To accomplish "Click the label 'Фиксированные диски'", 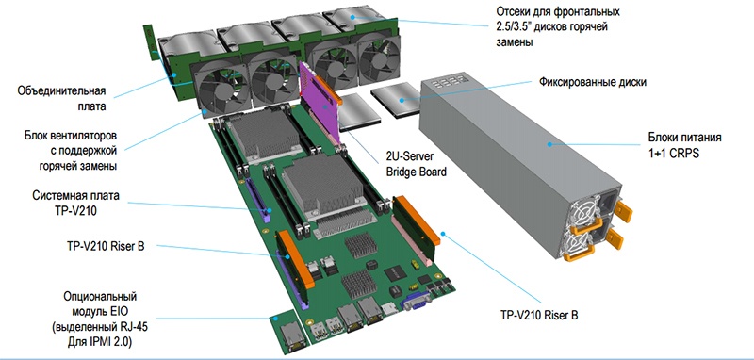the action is (593, 82).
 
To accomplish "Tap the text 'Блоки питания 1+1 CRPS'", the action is (684, 146).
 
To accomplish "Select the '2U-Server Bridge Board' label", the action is (417, 164).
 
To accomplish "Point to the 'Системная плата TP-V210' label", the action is (75, 203).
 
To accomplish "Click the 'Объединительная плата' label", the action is (61, 99).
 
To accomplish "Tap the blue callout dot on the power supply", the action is (549, 143).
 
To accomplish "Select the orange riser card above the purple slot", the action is (295, 259).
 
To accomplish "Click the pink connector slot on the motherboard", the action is (410, 240).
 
